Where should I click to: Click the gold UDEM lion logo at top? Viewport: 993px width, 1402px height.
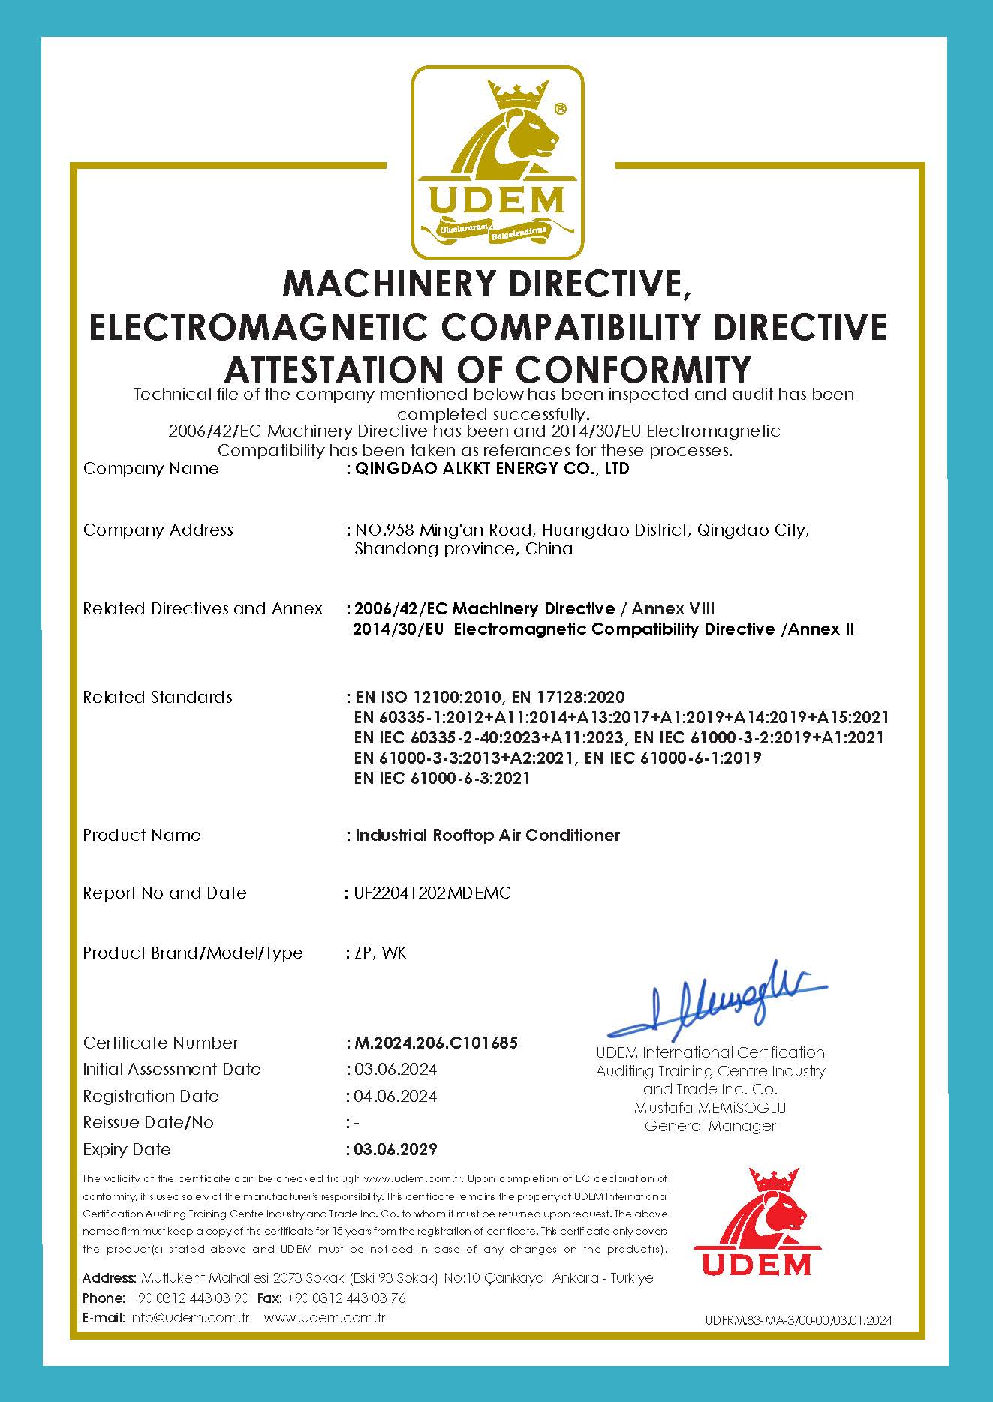(497, 161)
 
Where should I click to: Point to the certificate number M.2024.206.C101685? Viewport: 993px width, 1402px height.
(435, 1043)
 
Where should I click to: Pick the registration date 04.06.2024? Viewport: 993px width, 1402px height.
(395, 1096)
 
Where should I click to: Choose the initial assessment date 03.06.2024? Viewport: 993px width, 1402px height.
(395, 1069)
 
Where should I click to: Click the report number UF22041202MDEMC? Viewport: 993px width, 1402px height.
(432, 893)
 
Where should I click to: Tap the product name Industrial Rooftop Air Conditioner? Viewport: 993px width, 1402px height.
(487, 835)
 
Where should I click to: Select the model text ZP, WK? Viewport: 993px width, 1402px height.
(379, 953)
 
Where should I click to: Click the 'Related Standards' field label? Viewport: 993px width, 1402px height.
(158, 697)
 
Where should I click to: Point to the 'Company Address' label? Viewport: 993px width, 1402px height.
(158, 530)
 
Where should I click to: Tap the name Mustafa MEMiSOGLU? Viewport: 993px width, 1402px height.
(710, 1107)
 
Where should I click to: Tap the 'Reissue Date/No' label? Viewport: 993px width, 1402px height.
(148, 1122)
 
